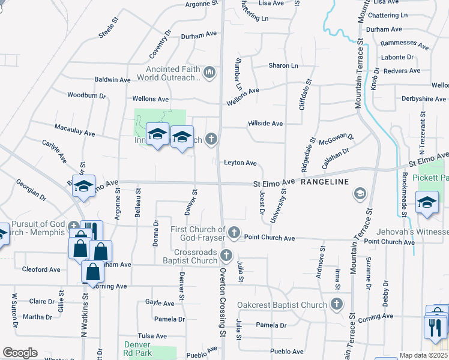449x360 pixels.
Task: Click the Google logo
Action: (20, 353)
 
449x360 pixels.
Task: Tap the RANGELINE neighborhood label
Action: (325, 181)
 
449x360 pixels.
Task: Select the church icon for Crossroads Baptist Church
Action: (226, 256)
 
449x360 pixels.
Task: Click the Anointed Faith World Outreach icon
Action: (209, 73)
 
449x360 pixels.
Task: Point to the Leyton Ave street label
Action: (240, 163)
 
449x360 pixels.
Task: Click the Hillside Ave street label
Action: (265, 124)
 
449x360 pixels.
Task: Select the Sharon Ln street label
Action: (283, 65)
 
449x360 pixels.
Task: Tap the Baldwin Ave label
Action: (112, 80)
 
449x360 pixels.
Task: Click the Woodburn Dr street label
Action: (86, 95)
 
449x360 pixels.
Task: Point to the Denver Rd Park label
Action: (137, 349)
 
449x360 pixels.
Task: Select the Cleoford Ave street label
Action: (41, 269)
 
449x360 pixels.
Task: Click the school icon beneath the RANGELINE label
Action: (360, 193)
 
